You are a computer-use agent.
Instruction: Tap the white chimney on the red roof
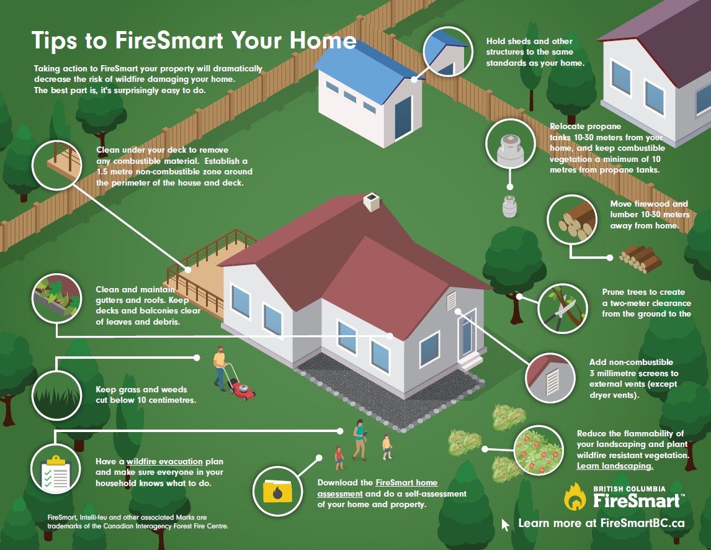(x=371, y=202)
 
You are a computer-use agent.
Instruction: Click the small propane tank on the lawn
(x=509, y=206)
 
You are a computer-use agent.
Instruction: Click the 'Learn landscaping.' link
(x=615, y=466)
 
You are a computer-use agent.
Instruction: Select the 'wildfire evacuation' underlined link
(x=165, y=462)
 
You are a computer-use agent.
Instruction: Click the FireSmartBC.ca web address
(x=642, y=523)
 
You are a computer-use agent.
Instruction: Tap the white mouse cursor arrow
(x=505, y=525)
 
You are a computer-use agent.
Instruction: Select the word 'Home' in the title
(x=327, y=41)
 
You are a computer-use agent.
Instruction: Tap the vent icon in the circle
(x=550, y=378)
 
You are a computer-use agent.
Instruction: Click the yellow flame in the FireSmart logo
(x=575, y=497)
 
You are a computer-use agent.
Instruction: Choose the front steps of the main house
(x=470, y=361)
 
